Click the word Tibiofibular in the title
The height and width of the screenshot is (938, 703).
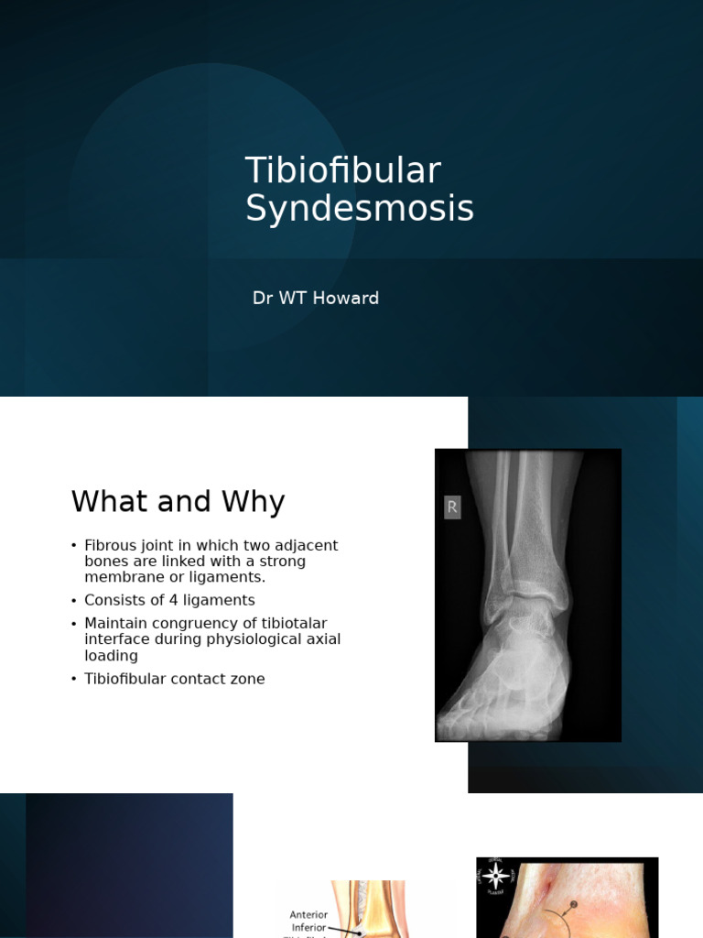pos(342,171)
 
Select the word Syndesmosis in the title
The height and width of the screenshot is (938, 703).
pos(360,209)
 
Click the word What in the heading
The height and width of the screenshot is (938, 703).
pos(108,502)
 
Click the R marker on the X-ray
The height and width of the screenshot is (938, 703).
pos(452,507)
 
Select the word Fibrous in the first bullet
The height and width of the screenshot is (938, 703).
pos(110,546)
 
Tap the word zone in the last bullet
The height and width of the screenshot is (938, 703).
pos(247,680)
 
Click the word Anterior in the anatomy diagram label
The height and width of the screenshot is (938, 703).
pos(308,914)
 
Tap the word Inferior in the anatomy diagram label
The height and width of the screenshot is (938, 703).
pos(308,927)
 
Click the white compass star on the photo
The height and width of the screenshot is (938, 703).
pos(496,876)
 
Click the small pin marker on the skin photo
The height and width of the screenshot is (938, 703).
pos(574,905)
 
